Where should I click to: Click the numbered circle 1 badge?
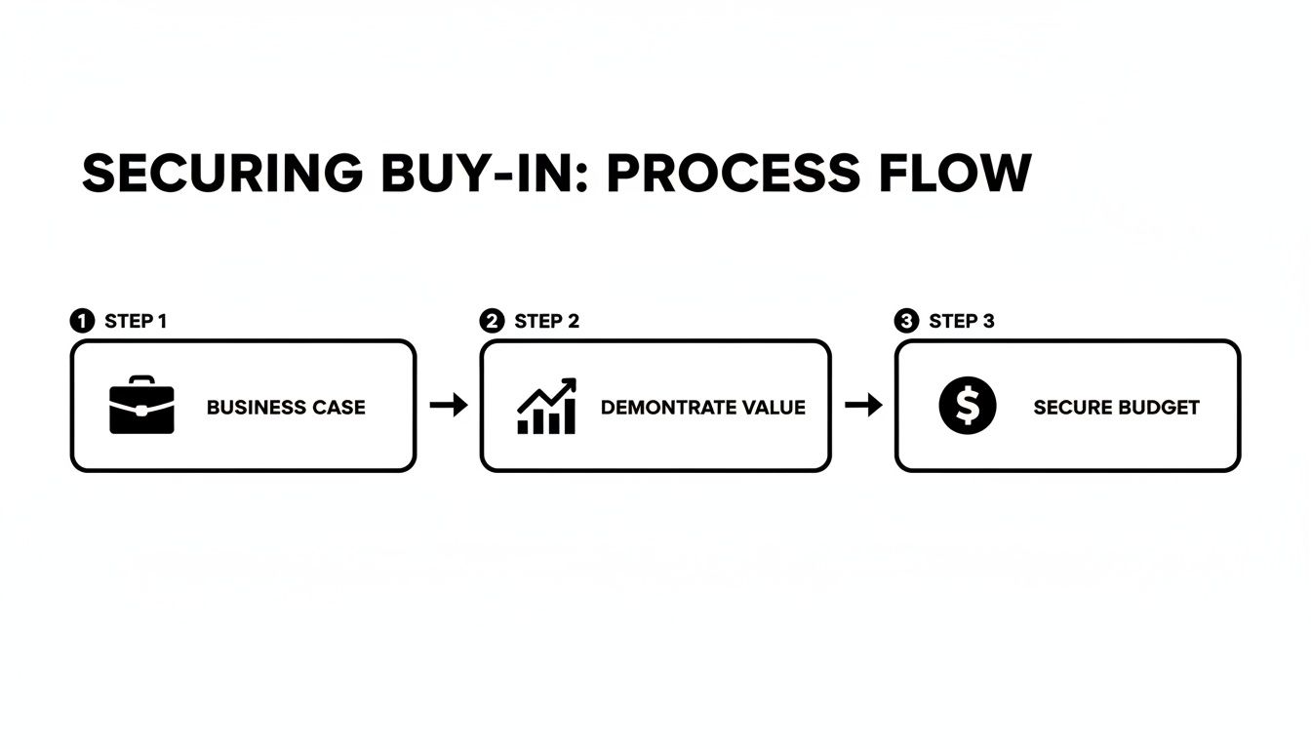pos(82,321)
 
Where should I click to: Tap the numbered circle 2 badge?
pos(493,321)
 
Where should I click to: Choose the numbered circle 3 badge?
pos(906,321)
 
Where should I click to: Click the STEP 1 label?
pos(136,321)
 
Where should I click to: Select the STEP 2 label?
pos(546,321)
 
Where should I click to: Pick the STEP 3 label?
pos(961,321)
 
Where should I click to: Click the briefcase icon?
pos(141,405)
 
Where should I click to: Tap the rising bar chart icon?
pos(546,406)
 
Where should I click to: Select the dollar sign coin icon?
pos(967,406)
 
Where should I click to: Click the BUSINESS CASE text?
pos(286,408)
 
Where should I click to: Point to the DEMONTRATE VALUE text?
pos(703,408)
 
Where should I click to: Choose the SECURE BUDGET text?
pos(1116,408)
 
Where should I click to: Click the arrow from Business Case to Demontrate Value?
pos(449,406)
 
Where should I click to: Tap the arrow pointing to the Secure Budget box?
pos(863,406)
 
